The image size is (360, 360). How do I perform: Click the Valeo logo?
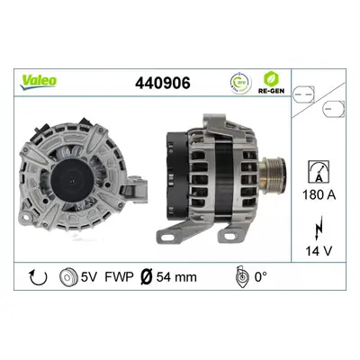coord(39,81)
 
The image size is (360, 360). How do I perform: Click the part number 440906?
coord(163,83)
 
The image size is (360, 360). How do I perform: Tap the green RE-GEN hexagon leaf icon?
coord(271,79)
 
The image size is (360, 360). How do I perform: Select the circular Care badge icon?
coord(240,83)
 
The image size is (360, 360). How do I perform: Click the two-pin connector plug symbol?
coord(303,94)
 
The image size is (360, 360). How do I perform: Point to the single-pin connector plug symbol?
coord(333,109)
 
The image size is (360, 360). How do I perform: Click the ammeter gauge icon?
coord(319,171)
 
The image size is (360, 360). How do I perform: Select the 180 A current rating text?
coord(319,195)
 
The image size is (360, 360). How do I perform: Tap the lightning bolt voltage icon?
coord(319,228)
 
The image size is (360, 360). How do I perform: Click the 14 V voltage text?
coord(319,251)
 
